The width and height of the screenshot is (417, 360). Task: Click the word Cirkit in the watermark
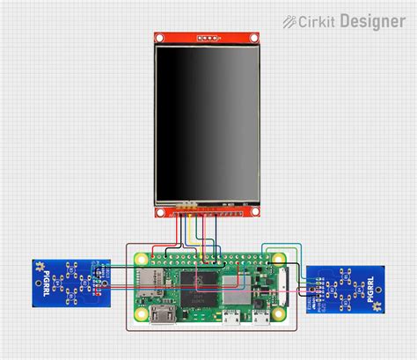pos(318,20)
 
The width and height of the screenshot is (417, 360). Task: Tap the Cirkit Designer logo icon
pos(290,20)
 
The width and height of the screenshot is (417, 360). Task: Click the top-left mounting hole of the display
pos(159,38)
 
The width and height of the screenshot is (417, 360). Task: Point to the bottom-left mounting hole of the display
pos(159,211)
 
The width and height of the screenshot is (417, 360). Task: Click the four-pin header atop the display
pos(208,39)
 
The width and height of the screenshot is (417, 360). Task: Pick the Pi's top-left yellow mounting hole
pos(138,259)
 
